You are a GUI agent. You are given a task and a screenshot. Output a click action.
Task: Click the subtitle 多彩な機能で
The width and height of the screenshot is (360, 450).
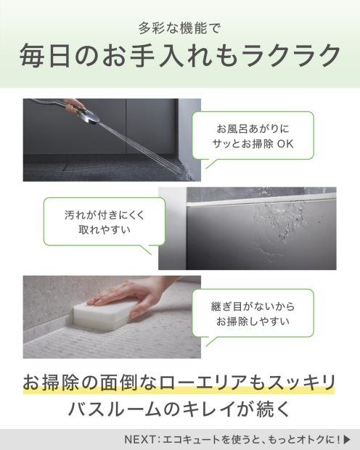pos(179,28)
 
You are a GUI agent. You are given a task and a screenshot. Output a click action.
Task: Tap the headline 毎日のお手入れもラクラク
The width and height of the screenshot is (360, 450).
pos(180,55)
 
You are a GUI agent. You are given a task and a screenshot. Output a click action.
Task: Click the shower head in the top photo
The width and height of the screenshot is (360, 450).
pos(90,117)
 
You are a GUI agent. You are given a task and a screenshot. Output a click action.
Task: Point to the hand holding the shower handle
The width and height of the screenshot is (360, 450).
pos(73,105)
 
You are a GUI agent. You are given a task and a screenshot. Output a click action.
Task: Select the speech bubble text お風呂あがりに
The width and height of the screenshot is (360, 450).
pos(253,128)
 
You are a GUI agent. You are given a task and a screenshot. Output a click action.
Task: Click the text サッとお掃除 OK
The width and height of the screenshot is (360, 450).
pos(253,144)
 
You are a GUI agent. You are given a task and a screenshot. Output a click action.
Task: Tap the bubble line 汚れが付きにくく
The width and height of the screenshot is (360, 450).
pos(105,215)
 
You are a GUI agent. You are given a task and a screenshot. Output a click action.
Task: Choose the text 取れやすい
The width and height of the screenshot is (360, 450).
pos(105,229)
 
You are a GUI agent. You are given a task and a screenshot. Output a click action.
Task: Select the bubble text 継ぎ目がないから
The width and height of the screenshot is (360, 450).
pos(253,306)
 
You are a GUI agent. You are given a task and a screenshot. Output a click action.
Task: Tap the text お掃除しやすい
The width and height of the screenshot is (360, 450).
pos(253,321)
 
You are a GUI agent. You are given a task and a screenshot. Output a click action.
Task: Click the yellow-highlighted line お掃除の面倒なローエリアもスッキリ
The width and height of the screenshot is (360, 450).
pos(179,382)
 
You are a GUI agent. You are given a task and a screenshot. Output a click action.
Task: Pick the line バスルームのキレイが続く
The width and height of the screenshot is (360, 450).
pos(179,409)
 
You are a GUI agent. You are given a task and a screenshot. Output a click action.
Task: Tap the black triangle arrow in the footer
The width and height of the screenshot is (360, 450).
pos(347,439)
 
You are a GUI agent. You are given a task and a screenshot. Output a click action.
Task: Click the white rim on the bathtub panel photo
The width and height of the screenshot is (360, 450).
pos(261,199)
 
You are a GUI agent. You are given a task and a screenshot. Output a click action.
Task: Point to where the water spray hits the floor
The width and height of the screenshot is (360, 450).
pos(183,169)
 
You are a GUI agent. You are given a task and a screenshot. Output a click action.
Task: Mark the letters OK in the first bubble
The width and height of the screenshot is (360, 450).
pos(285,144)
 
